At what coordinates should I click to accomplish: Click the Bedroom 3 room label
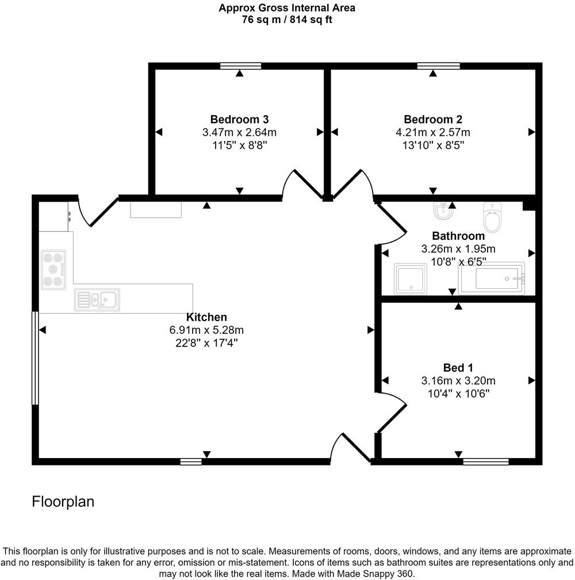pos(239,120)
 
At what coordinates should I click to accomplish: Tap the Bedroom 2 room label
pos(433,120)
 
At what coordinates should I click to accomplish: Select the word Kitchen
pos(206,317)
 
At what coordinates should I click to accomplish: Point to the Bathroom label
pos(458,236)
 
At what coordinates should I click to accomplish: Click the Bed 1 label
pos(458,367)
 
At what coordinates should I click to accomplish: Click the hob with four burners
pos(53,269)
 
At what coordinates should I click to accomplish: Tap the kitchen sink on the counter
pos(97,300)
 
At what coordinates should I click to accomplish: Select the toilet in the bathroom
pos(493,217)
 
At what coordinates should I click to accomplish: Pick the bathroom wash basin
pos(442,212)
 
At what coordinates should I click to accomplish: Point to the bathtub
pos(492,278)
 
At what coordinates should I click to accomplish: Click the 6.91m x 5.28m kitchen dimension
pos(206,330)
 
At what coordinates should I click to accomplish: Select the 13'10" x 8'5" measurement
pos(433,146)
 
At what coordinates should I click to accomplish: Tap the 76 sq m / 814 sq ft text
pos(287,20)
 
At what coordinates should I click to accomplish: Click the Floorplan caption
pos(63,502)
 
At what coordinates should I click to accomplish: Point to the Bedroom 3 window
pos(240,66)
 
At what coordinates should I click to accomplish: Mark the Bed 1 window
pos(486,461)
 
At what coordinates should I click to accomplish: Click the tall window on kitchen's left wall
pos(34,358)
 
